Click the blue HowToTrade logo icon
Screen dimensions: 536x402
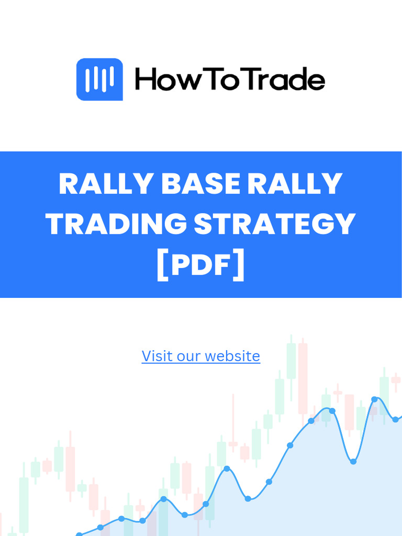99,80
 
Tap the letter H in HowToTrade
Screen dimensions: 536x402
146,81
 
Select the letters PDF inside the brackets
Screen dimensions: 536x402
201,265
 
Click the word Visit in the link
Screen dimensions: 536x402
158,356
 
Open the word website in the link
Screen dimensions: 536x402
232,356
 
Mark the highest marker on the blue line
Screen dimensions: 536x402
374,399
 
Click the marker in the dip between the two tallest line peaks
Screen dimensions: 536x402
353,462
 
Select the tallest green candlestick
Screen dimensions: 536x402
291,361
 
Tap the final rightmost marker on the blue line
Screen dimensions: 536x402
396,420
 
